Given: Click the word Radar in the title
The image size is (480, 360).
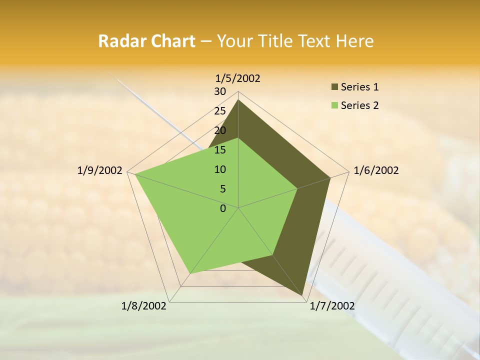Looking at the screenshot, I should click(x=118, y=41).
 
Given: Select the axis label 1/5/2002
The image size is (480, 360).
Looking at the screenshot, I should click(x=238, y=78).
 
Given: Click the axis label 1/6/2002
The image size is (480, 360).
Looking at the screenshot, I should click(x=376, y=170).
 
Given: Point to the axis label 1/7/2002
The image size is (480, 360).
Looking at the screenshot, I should click(x=332, y=306).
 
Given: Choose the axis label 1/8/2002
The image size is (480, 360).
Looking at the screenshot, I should click(x=144, y=306).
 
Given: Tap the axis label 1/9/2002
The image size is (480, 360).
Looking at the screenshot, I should click(x=100, y=170).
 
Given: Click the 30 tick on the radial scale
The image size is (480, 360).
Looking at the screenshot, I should click(x=220, y=91).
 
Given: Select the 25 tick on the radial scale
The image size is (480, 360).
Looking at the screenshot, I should click(x=220, y=111).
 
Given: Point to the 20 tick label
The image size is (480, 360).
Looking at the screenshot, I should click(x=220, y=130).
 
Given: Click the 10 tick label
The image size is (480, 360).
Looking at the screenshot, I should click(x=220, y=169).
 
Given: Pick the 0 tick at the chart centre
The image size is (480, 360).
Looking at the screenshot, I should click(x=223, y=208).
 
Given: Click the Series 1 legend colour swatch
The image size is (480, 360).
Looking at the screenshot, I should click(x=334, y=87).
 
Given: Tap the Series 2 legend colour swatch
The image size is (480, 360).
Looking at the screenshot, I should click(x=334, y=105).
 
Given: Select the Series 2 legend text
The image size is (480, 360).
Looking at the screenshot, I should click(x=359, y=105).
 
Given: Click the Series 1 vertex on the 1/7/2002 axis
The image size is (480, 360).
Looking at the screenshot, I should click(x=302, y=295).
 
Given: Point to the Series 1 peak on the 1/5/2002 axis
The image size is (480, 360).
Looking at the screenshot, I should click(x=238, y=100).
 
